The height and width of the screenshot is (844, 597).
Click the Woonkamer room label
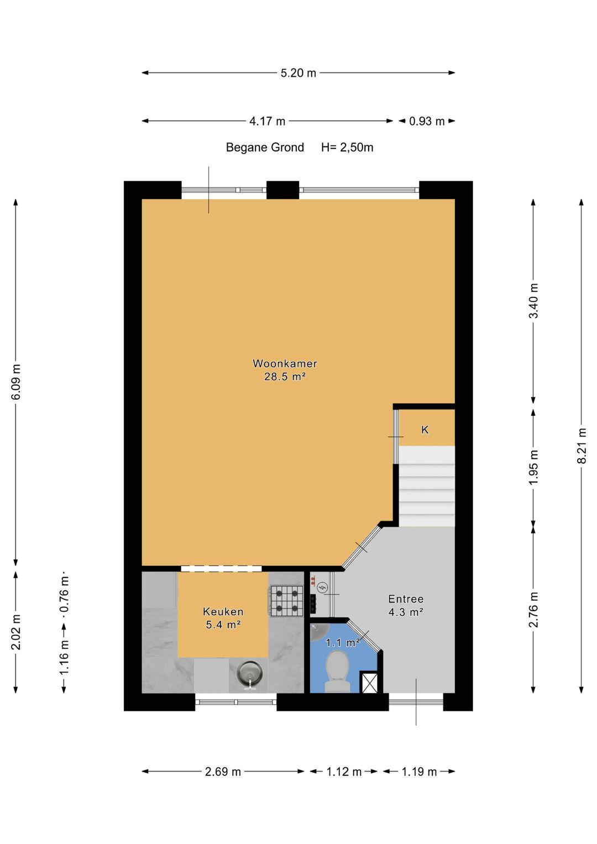(285, 364)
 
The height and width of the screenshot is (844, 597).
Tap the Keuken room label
(223, 611)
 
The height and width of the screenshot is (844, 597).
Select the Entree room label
(406, 599)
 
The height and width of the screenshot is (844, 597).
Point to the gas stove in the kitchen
(286, 601)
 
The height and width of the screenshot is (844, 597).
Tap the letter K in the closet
(425, 429)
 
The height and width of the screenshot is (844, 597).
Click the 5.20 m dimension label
(298, 73)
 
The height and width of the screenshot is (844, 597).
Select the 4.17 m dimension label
(267, 122)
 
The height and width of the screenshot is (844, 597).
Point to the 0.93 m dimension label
(427, 122)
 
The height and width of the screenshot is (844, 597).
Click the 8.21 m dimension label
(583, 445)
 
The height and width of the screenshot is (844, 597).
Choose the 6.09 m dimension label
(16, 382)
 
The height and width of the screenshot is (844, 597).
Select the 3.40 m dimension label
(533, 300)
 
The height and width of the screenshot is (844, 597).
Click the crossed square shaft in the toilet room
(369, 683)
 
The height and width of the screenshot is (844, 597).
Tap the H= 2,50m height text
(347, 148)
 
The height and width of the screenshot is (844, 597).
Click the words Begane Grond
(265, 148)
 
